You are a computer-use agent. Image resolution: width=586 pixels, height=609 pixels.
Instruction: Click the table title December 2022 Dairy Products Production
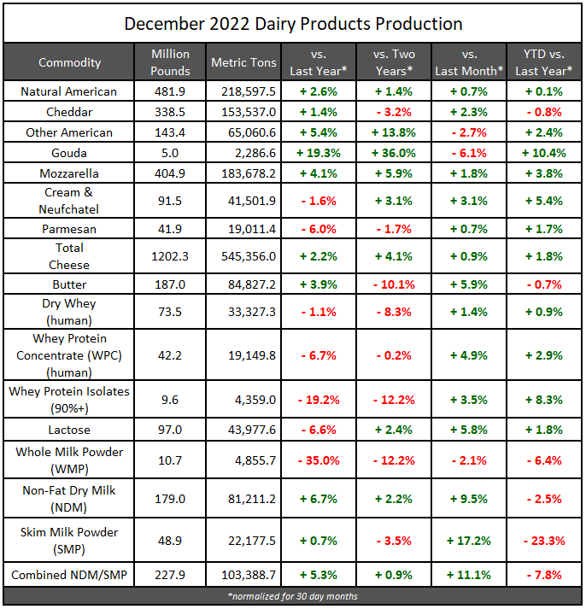click(x=293, y=23)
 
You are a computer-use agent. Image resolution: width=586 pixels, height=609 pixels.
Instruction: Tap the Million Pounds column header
click(x=170, y=62)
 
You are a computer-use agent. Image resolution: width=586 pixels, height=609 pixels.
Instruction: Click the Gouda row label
click(x=69, y=154)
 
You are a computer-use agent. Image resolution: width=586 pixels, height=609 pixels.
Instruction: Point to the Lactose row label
click(x=69, y=430)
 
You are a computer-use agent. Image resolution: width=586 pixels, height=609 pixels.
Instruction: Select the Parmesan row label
click(x=69, y=230)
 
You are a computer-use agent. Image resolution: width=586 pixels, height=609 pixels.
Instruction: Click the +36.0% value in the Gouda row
click(x=394, y=154)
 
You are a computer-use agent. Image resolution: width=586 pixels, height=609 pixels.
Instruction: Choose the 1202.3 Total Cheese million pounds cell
click(x=170, y=255)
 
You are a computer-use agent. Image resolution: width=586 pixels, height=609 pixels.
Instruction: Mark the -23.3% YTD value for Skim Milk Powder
click(x=543, y=540)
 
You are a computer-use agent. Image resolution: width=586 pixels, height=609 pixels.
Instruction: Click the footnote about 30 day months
click(x=293, y=595)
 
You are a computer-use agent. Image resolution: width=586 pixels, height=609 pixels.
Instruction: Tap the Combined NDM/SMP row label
click(x=69, y=575)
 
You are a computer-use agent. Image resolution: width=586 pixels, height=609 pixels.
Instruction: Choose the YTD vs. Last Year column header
click(x=543, y=62)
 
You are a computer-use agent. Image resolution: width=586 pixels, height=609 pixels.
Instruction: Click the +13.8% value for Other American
click(x=394, y=132)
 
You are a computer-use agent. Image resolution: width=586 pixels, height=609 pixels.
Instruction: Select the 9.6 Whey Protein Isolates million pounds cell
click(x=170, y=398)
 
